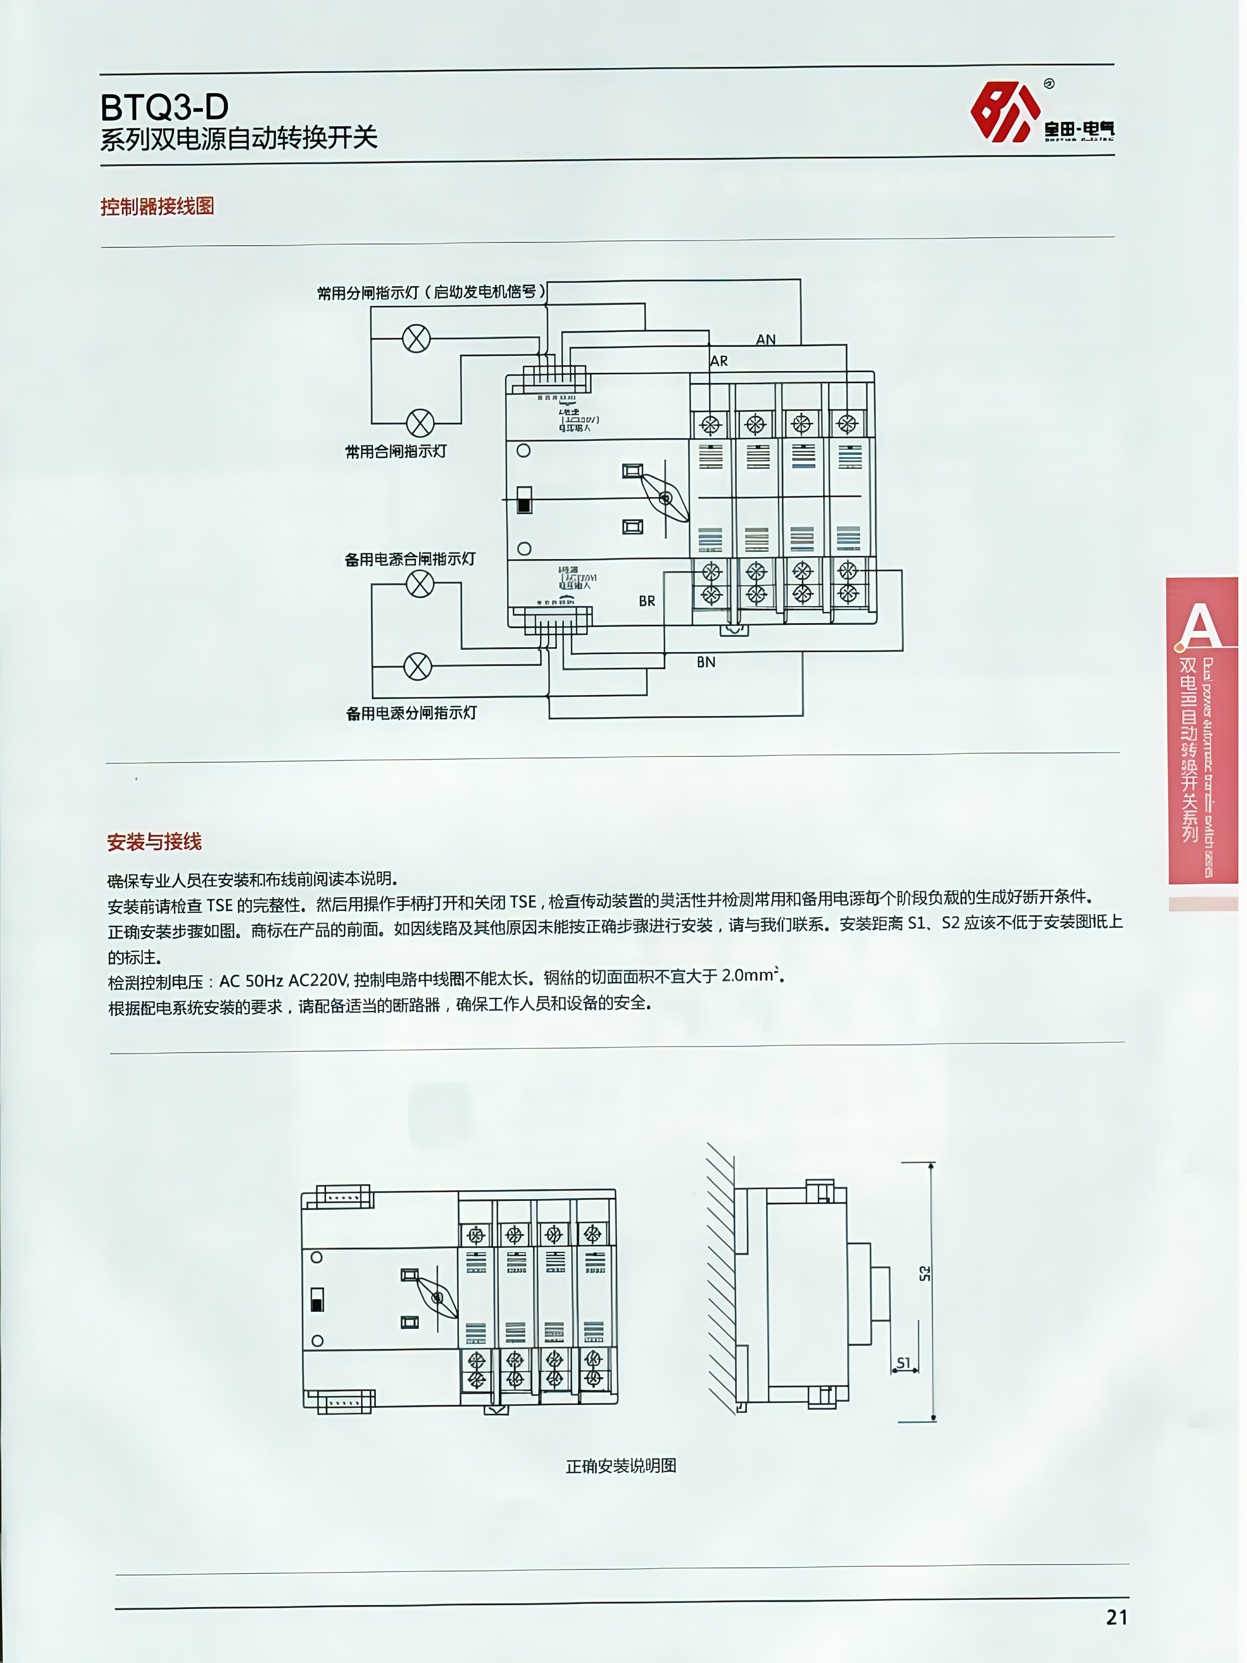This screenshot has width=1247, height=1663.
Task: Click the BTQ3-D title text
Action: pyautogui.click(x=165, y=108)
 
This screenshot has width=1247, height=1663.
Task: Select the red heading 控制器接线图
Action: pyautogui.click(x=157, y=207)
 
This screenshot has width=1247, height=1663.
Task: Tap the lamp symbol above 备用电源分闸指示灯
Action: pyautogui.click(x=418, y=666)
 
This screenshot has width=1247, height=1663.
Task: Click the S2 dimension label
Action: pyautogui.click(x=924, y=1273)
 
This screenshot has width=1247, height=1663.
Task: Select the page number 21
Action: pyautogui.click(x=1116, y=1617)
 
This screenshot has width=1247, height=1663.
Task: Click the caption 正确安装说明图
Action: pyautogui.click(x=621, y=1466)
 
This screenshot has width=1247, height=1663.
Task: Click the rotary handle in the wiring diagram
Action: pyautogui.click(x=665, y=498)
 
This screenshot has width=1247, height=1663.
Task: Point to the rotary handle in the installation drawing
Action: pyautogui.click(x=437, y=1298)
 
